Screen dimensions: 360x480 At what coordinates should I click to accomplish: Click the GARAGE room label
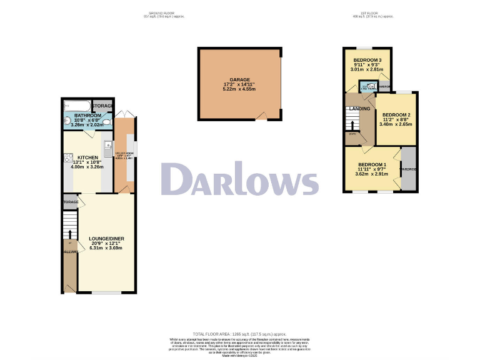coord(240,79)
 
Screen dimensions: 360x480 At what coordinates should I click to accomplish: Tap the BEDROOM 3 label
coord(367,59)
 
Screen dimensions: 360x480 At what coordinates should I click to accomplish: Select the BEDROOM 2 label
coord(396,115)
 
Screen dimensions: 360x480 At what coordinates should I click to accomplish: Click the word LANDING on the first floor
coord(359,109)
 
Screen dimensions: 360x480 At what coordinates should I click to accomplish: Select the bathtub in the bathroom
coord(76,105)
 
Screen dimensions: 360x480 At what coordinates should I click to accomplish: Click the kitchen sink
coord(107,150)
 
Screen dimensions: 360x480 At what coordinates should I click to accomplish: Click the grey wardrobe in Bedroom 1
coord(409,169)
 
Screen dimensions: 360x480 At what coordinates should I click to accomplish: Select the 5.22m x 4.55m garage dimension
coord(240,89)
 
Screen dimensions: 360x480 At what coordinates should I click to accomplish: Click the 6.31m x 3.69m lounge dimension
coord(107,249)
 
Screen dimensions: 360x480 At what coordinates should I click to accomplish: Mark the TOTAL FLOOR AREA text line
coord(240,334)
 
